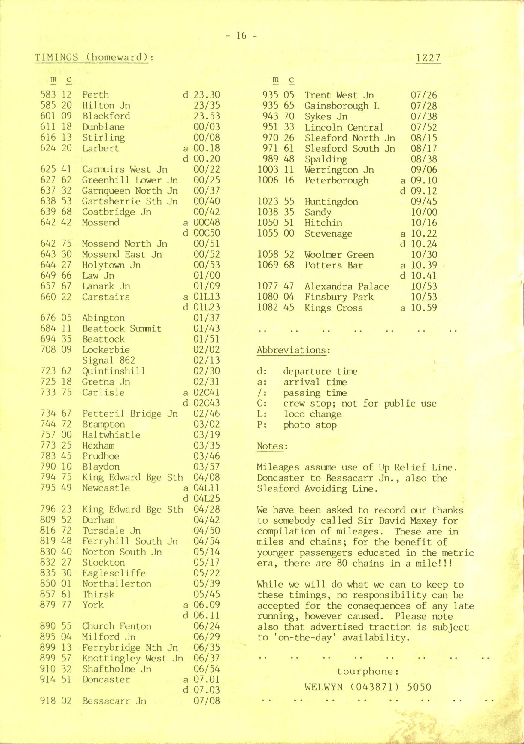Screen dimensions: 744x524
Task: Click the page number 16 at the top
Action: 241,36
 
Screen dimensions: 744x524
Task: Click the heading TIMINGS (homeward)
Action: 93,58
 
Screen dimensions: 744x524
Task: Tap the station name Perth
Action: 95,95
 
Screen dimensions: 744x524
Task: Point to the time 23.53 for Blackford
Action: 206,116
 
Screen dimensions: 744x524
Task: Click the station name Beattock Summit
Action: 122,328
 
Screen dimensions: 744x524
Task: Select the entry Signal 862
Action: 109,360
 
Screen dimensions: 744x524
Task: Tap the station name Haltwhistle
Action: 111,435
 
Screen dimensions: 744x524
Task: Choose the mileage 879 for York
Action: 48,605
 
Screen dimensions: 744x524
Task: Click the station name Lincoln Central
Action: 344,127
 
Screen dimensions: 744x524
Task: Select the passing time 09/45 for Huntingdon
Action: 424,202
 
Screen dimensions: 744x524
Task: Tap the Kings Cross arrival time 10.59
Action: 424,308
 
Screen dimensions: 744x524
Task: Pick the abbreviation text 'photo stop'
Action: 310,425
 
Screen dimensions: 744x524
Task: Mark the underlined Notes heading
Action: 272,446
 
